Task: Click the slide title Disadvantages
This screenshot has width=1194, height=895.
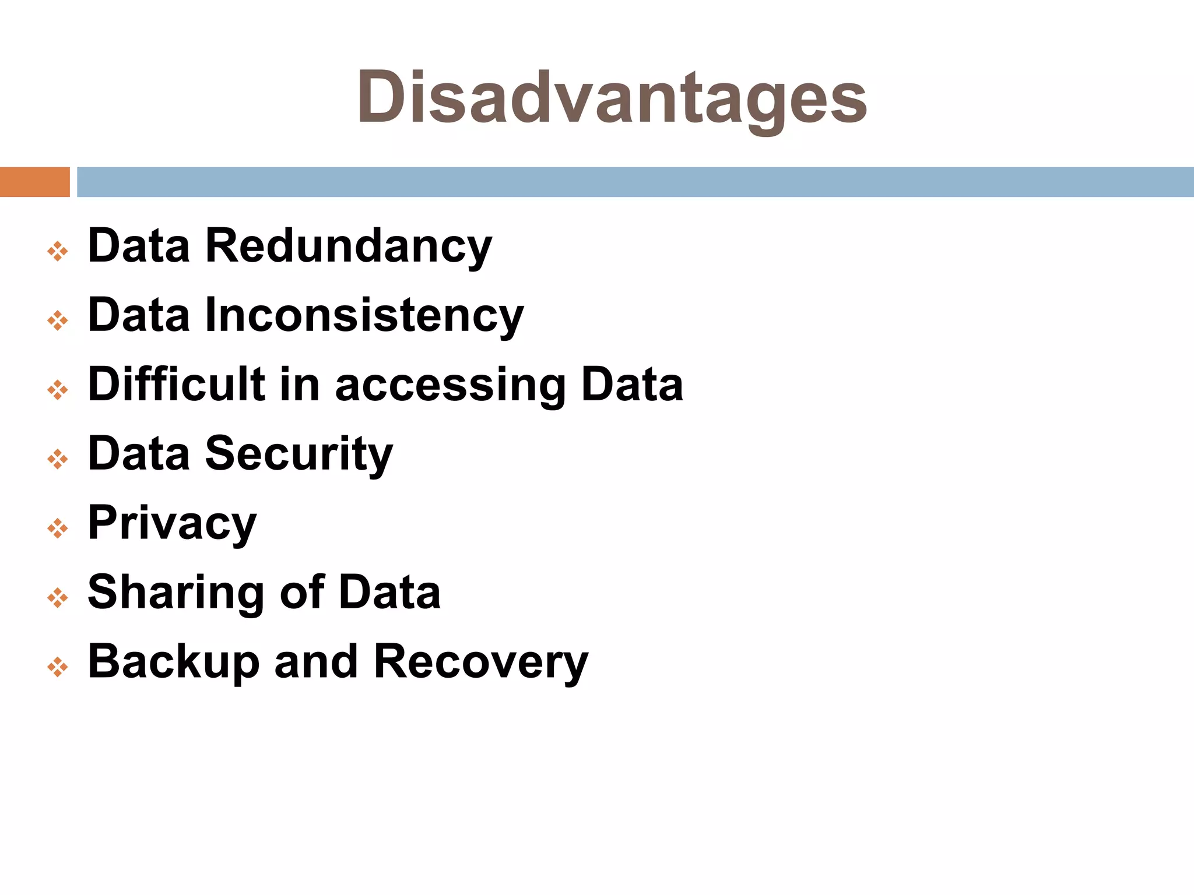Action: (612, 97)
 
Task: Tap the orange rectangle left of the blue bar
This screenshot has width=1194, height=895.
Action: (34, 182)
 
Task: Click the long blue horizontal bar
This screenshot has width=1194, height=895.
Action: (635, 182)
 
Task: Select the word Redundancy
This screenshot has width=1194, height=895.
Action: (348, 246)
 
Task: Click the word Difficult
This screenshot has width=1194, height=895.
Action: (176, 384)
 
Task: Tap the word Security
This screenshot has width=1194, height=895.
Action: (299, 454)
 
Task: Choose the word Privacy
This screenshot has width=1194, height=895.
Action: (172, 523)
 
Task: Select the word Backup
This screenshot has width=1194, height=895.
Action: (173, 662)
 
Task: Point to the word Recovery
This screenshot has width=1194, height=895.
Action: (481, 662)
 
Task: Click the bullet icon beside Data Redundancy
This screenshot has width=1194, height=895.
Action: (58, 252)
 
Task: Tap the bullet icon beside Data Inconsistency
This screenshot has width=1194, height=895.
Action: (58, 320)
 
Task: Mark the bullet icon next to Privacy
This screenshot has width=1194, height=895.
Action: (58, 528)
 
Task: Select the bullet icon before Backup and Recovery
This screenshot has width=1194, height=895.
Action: (58, 667)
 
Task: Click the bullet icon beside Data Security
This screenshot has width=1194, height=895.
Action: (58, 459)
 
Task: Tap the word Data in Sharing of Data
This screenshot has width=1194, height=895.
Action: (389, 592)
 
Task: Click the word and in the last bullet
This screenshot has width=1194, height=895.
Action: (315, 662)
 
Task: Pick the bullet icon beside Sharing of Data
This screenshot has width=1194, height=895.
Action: (58, 598)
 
